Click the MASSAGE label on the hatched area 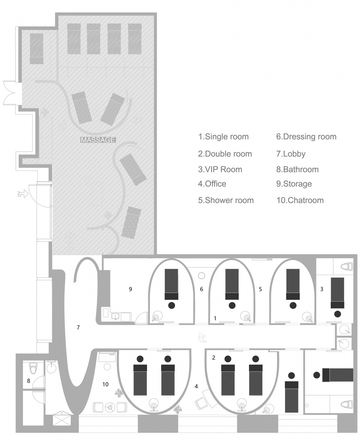pos(98,140)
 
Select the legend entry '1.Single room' pos(223,137)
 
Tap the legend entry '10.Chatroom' pos(300,200)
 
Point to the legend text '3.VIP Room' pos(220,170)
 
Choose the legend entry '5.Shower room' pos(226,200)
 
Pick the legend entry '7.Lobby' pos(291,154)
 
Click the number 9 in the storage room pos(130,289)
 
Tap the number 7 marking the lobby pos(78,327)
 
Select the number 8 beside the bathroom pos(28,381)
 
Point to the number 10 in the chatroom pos(105,384)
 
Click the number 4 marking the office pos(196,386)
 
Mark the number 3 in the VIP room pos(322,289)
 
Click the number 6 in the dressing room pos(202,289)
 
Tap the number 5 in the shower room pos(260,289)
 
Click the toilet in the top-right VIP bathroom pos(346,267)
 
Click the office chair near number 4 pos(201,403)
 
